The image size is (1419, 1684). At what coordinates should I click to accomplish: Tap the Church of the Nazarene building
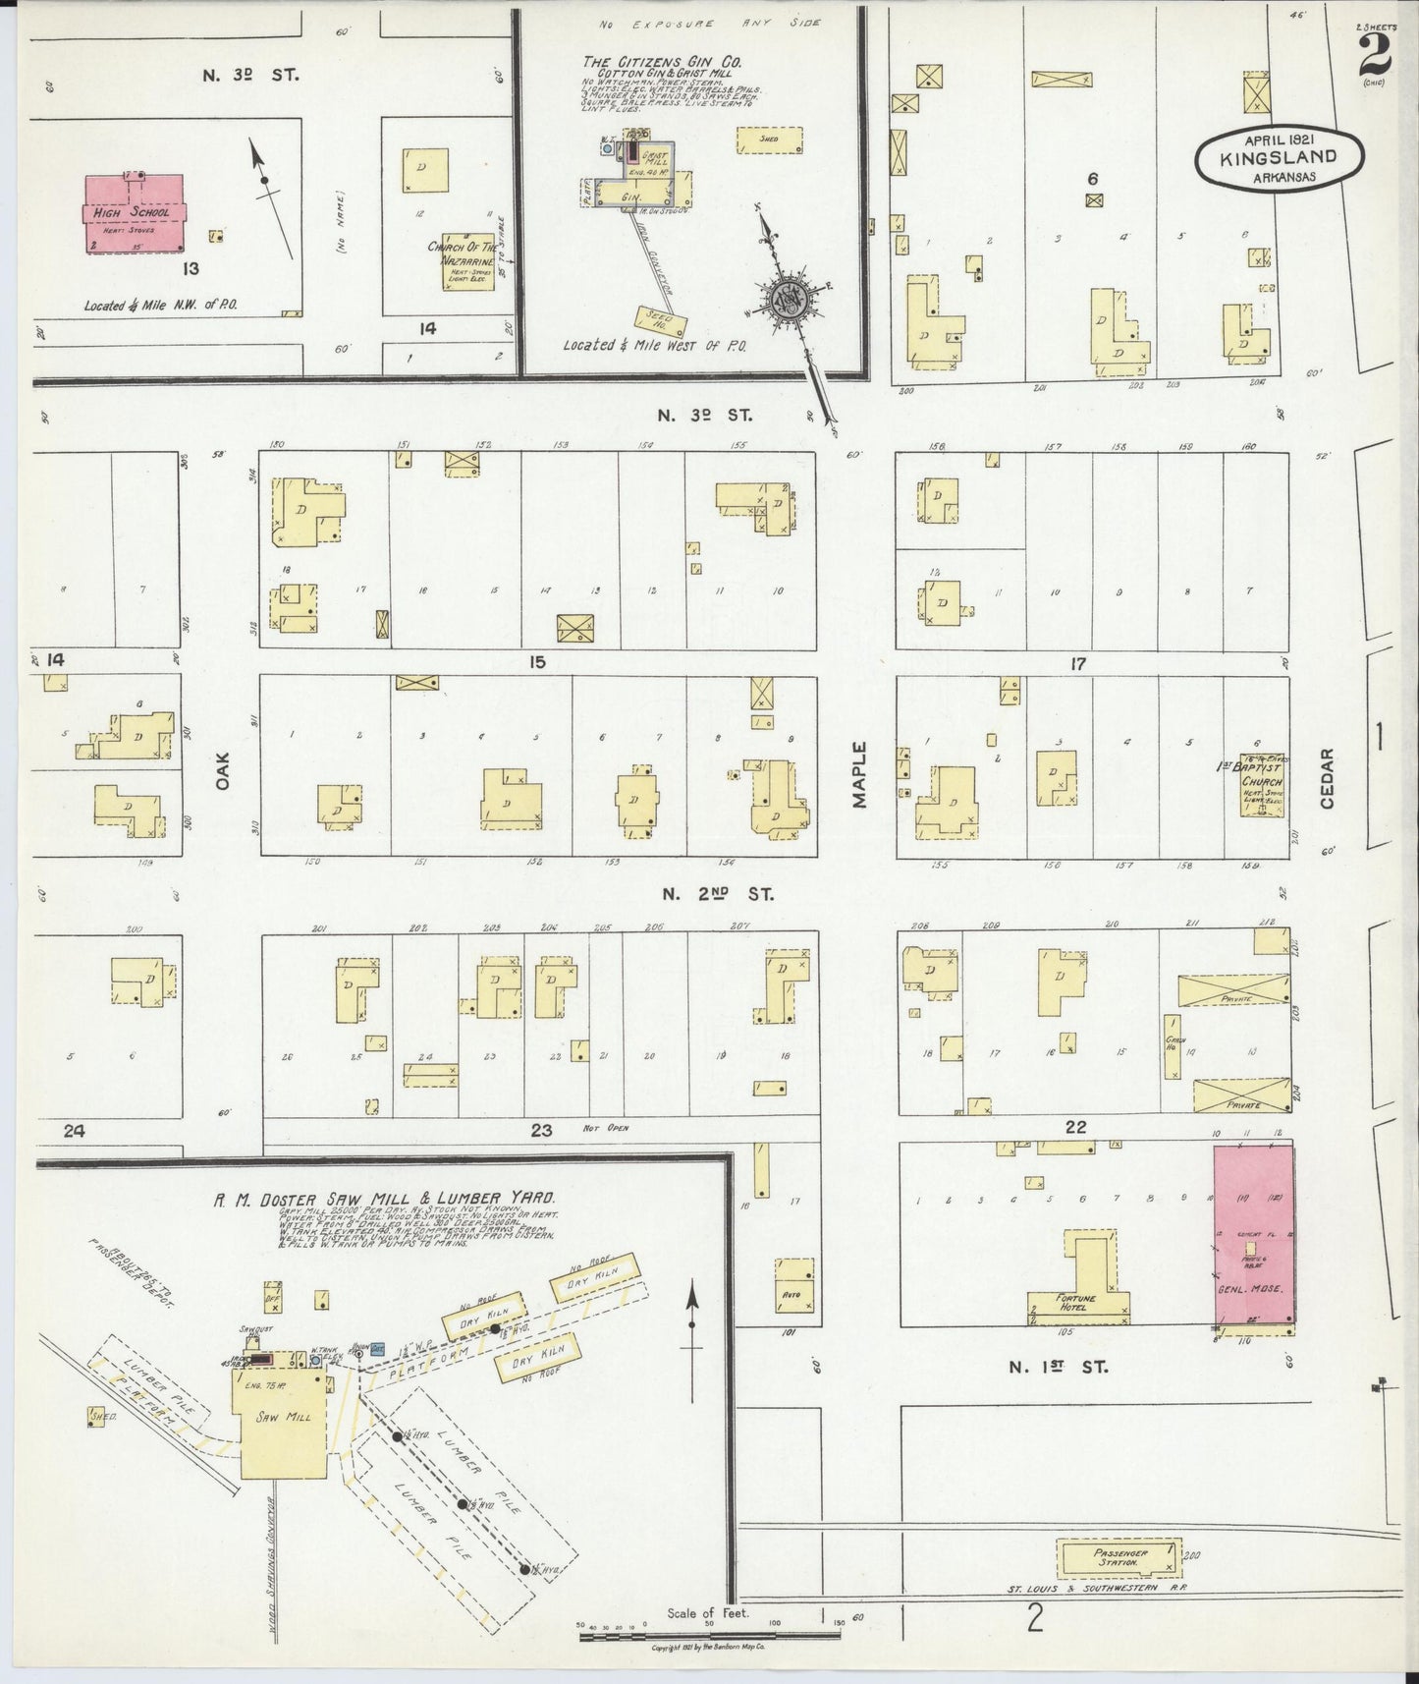pyautogui.click(x=467, y=261)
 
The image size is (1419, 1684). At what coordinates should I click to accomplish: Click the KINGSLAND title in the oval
pyautogui.click(x=1279, y=156)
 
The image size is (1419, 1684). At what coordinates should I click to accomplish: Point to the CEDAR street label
pyautogui.click(x=1327, y=778)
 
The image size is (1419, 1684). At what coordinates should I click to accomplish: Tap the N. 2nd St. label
pyautogui.click(x=717, y=894)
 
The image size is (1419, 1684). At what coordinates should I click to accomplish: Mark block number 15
pyautogui.click(x=536, y=662)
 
